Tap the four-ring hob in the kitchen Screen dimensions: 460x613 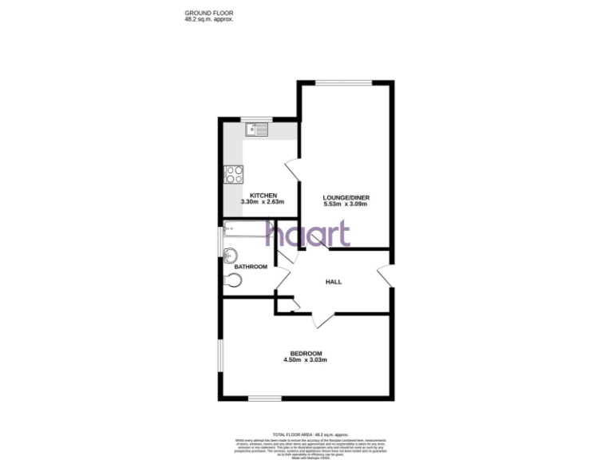[x=234, y=173]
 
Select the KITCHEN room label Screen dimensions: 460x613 [x=263, y=196]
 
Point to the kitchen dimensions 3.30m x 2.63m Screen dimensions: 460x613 [x=263, y=203]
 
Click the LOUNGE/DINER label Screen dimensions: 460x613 [x=346, y=197]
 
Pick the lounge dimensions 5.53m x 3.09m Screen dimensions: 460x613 [x=346, y=204]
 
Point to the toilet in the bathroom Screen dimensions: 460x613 [x=233, y=280]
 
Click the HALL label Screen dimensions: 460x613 [x=334, y=282]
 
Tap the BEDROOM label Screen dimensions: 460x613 [x=306, y=354]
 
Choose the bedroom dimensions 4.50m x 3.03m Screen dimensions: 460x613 [x=306, y=361]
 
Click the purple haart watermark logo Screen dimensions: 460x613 [x=307, y=233]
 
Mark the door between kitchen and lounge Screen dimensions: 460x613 [x=292, y=170]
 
